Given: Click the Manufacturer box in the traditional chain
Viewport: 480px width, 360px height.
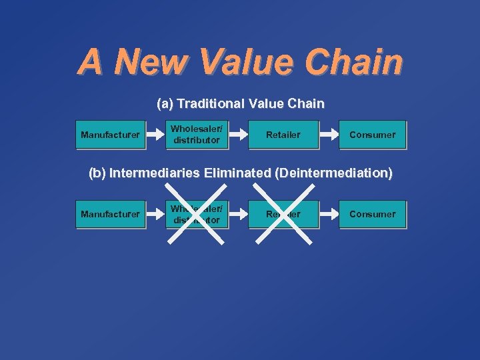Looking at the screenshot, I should [x=110, y=135].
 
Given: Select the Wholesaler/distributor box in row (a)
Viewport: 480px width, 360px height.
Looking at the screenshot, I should [x=197, y=135].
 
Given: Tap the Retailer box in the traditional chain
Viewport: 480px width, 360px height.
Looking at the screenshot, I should [x=283, y=135].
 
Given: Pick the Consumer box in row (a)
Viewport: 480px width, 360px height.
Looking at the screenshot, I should [x=372, y=135].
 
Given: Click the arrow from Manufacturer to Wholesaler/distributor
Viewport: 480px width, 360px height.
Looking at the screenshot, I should [x=155, y=135].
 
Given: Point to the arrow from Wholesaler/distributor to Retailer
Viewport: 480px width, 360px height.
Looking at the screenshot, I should [x=239, y=135].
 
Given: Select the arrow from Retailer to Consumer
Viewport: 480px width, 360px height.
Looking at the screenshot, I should [x=329, y=135].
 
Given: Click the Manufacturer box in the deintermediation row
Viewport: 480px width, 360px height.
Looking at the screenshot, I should [x=110, y=214].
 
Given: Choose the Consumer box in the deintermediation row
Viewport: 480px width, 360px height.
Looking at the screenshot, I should [x=372, y=214].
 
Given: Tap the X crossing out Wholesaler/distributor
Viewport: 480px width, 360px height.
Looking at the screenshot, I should [x=197, y=214].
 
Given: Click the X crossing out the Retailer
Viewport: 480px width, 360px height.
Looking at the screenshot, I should [x=283, y=214].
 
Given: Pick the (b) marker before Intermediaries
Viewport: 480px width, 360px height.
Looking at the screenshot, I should [x=97, y=173].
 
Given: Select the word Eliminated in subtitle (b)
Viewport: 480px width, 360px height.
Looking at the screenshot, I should [x=237, y=173].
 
